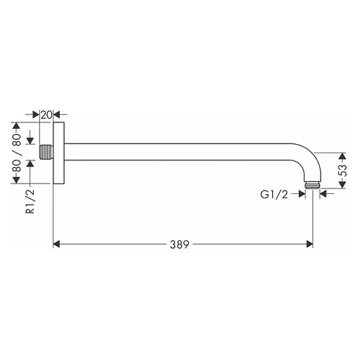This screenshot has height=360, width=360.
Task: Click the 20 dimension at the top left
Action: (x=47, y=114)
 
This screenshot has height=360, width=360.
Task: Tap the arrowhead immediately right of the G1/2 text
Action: (x=301, y=195)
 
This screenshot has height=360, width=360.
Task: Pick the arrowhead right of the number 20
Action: (x=59, y=114)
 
